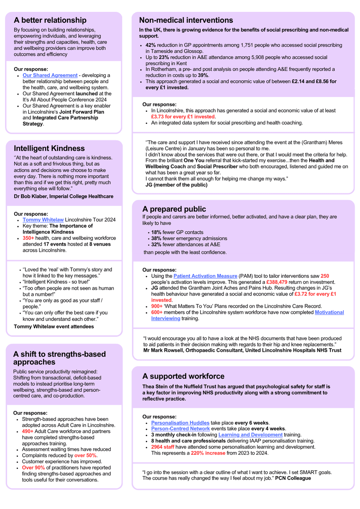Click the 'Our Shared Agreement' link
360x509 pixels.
(x=50, y=75)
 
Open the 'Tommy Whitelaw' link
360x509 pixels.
(x=43, y=220)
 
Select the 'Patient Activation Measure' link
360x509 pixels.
(x=205, y=276)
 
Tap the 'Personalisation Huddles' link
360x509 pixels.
(x=180, y=423)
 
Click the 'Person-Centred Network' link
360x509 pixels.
(x=180, y=429)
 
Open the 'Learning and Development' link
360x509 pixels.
(x=250, y=435)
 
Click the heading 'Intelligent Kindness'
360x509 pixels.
(x=49, y=148)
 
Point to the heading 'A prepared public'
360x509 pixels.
(x=174, y=209)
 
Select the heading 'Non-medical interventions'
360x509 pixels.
(x=186, y=20)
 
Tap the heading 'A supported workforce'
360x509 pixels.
(x=183, y=376)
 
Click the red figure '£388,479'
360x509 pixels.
(x=276, y=282)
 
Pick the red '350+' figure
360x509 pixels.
(x=28, y=238)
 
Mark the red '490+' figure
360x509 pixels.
(x=28, y=432)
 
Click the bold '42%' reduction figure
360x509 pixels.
(x=150, y=45)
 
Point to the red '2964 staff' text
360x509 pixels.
(x=162, y=447)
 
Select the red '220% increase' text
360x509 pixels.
(x=208, y=453)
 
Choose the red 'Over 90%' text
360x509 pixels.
(x=33, y=468)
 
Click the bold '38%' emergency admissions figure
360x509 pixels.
(x=156, y=239)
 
